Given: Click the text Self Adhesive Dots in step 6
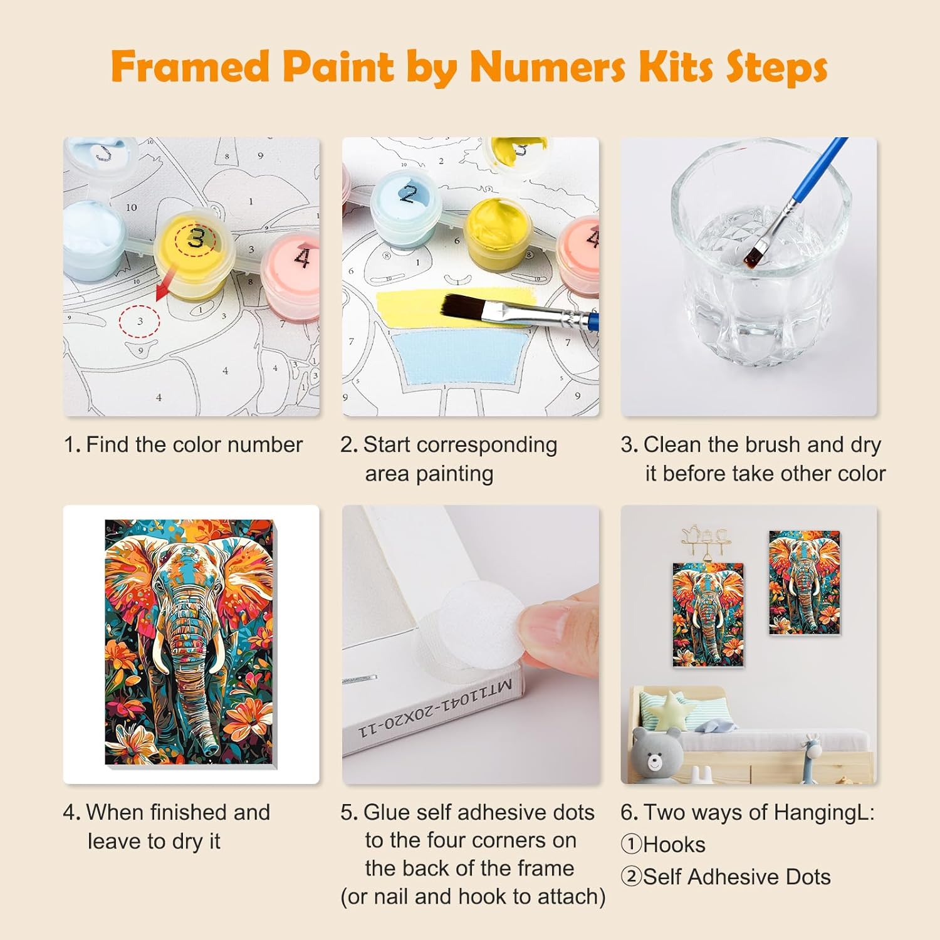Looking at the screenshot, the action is tap(736, 877).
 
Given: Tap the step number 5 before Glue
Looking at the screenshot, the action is tap(348, 813).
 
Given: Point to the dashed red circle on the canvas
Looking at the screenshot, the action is tap(140, 321).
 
